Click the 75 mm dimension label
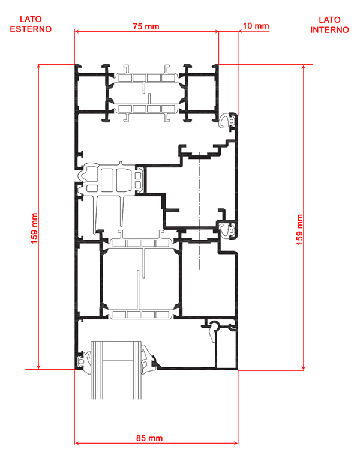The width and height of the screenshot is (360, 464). pyautogui.click(x=146, y=26)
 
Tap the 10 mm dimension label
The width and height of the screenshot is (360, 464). pyautogui.click(x=256, y=26)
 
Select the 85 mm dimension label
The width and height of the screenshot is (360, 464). pyautogui.click(x=149, y=438)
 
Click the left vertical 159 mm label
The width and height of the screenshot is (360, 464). pyautogui.click(x=34, y=229)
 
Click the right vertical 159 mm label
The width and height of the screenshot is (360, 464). pyautogui.click(x=299, y=230)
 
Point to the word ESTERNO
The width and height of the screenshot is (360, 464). pyautogui.click(x=31, y=29)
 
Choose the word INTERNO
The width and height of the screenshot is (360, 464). pyautogui.click(x=329, y=30)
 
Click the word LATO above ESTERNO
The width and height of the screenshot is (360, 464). pyautogui.click(x=31, y=20)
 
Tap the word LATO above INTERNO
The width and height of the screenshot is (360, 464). pyautogui.click(x=329, y=20)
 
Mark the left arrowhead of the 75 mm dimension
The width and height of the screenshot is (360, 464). pyautogui.click(x=77, y=31)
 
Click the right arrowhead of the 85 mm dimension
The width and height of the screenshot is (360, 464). pyautogui.click(x=236, y=443)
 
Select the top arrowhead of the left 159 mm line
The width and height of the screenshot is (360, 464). pyautogui.click(x=38, y=66)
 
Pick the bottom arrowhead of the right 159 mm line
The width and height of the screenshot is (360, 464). pyautogui.click(x=304, y=368)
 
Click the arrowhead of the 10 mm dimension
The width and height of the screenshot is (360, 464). pyautogui.click(x=240, y=31)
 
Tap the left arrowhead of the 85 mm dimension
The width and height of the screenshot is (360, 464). pyautogui.click(x=77, y=443)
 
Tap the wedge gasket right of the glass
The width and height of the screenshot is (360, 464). pyautogui.click(x=148, y=358)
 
